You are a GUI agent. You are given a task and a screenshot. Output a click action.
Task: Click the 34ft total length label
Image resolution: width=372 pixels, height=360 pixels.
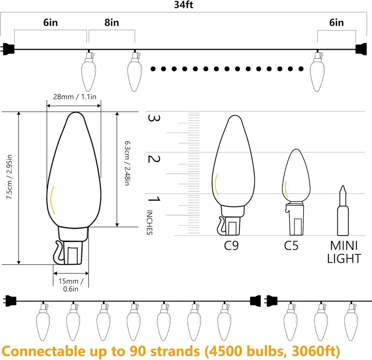[x=183, y=5]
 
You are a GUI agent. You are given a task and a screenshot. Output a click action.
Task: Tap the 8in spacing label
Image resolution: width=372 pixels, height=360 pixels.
[x=112, y=23]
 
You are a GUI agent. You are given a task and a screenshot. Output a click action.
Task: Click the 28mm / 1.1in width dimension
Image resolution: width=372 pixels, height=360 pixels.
[x=74, y=97]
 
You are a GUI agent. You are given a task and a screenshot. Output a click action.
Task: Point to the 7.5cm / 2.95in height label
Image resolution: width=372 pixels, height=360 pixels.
[x=9, y=177]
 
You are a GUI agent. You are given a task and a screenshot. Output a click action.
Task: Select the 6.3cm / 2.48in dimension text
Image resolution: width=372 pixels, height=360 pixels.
[x=127, y=163]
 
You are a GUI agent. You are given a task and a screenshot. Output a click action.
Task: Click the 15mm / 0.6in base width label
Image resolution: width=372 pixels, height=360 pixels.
[x=71, y=285]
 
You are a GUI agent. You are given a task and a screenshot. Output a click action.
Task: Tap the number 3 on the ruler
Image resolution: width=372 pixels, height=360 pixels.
[x=154, y=118]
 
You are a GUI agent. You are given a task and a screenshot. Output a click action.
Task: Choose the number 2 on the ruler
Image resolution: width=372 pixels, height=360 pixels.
[x=154, y=159]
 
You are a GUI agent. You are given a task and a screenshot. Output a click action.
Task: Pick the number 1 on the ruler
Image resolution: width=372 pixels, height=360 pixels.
[x=154, y=199]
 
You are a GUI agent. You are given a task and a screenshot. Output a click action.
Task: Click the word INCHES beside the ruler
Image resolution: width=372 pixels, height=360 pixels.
[x=150, y=222]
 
